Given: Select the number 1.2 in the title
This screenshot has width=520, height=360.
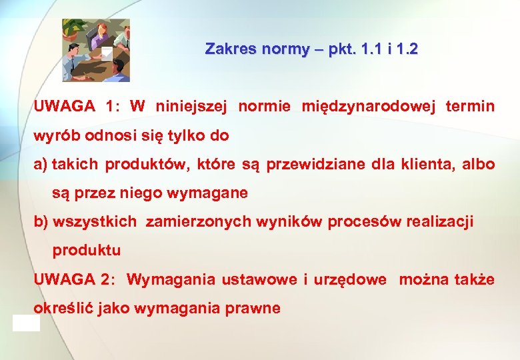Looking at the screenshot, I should point(407,49).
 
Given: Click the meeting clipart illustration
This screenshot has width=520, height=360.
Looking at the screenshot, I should point(95,50).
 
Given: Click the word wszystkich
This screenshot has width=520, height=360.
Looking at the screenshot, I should point(95,222).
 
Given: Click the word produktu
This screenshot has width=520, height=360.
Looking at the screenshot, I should point(87,251).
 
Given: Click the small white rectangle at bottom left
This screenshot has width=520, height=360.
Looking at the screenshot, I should point(26,323).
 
